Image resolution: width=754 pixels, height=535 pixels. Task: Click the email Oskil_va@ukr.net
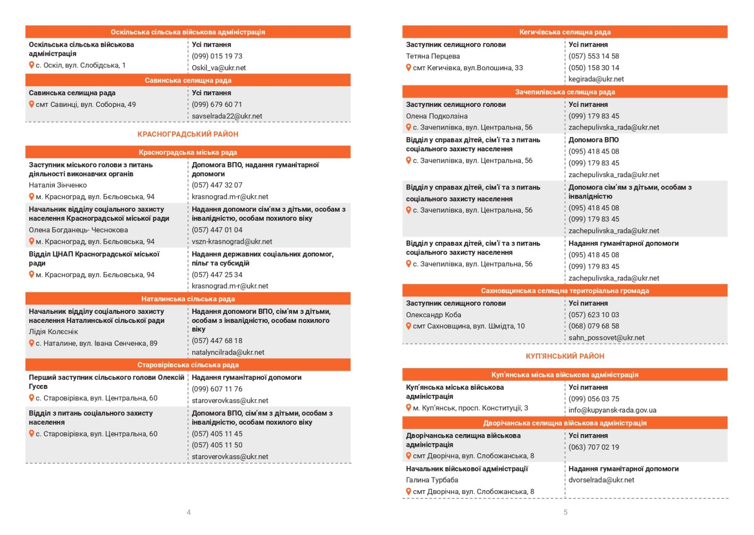(x=219, y=68)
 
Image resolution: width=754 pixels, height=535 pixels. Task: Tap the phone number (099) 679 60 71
(x=217, y=105)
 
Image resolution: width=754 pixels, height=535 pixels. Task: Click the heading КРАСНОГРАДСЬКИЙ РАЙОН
(x=188, y=134)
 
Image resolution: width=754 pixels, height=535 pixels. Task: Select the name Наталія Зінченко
(x=57, y=185)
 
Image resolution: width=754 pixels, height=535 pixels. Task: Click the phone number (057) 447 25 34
(x=217, y=275)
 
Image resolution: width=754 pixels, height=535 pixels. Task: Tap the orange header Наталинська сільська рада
(x=188, y=299)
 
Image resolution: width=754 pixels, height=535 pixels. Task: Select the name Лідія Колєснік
(x=53, y=332)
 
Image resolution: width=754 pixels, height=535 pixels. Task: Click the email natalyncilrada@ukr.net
(x=228, y=353)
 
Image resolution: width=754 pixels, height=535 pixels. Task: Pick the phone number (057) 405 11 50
(x=217, y=445)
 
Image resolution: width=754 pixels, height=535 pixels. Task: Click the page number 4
(x=188, y=512)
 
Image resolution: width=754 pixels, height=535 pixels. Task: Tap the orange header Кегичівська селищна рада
(x=565, y=32)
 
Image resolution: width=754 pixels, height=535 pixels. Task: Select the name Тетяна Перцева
(x=433, y=56)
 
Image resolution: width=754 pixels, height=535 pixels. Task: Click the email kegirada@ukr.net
(x=596, y=79)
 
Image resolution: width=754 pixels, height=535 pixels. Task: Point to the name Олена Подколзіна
(x=436, y=116)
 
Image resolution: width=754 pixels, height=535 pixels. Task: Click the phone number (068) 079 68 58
(x=593, y=326)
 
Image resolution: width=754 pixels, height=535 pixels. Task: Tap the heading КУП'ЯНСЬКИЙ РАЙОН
(x=565, y=356)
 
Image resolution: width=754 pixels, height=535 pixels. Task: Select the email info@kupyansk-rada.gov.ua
(x=612, y=410)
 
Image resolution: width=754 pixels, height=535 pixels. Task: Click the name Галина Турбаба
(x=432, y=480)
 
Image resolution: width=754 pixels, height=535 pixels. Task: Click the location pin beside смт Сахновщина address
(x=409, y=326)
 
